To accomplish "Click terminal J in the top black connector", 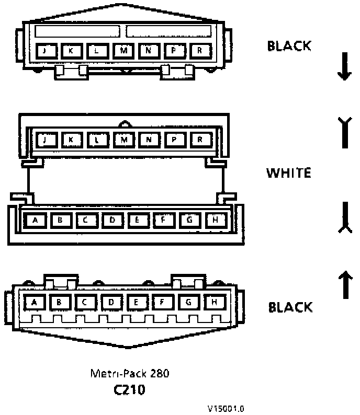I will pos(45,51).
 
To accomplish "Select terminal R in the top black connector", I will pos(200,51).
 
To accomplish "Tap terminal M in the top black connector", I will pos(123,51).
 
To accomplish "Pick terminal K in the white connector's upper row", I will pos(71,140).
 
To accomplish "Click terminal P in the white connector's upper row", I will pos(174,140).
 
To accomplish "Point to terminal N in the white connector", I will pos(149,140).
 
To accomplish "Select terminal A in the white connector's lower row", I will pos(36,220).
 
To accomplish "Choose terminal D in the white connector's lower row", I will pos(112,220).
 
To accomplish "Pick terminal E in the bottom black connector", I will pos(137,302).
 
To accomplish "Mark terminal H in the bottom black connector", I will pos(214,302).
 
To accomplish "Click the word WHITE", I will pos(289,172).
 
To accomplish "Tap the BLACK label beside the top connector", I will pos(289,47).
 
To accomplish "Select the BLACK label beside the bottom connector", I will pos(290,307).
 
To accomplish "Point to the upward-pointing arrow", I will pos(345,283).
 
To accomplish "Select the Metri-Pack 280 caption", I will pos(130,374).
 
